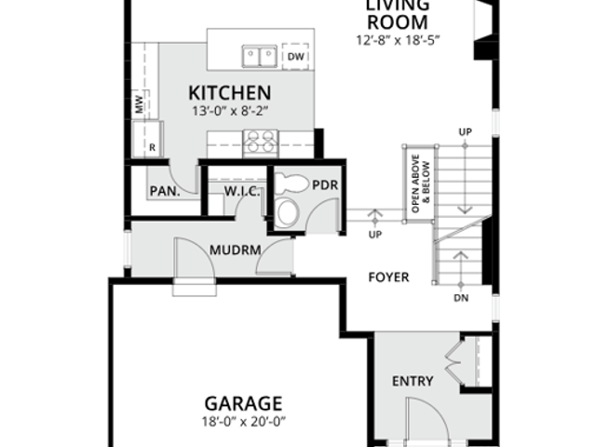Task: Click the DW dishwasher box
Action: [295, 57]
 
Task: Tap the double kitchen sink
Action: [260, 56]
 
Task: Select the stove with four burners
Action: [261, 142]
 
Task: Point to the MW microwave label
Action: [140, 104]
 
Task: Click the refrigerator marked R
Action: [148, 139]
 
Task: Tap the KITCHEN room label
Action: [230, 93]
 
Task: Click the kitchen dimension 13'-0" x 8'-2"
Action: [230, 111]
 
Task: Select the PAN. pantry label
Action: [165, 191]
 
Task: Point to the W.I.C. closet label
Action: [242, 191]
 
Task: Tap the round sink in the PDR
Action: [288, 212]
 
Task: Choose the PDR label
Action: [325, 185]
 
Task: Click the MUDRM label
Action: [236, 251]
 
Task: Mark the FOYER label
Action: [389, 278]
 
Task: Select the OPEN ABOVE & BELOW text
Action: [420, 183]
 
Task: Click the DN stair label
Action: [461, 298]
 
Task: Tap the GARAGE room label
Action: [243, 403]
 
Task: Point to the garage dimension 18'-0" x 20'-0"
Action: [244, 422]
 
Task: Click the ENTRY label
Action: [413, 381]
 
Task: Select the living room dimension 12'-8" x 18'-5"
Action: [398, 40]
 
